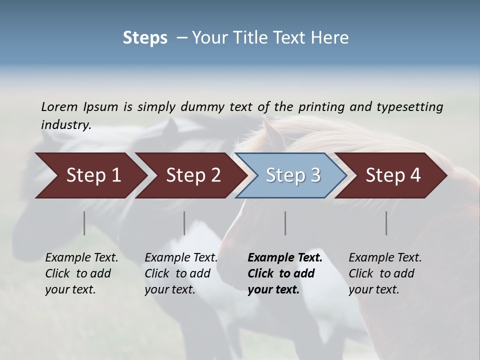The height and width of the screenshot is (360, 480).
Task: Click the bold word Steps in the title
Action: point(145,38)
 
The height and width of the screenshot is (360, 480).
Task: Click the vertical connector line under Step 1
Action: point(84,223)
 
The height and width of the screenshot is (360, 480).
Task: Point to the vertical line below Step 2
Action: point(184,223)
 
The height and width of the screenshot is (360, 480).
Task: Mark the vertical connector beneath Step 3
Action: point(285,223)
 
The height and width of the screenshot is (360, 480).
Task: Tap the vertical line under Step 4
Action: point(386,223)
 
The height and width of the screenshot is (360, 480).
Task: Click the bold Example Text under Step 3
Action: point(285,273)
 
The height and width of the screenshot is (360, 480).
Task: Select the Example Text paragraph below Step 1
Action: point(81,273)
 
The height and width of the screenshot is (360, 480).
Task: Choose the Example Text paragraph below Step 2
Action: point(181,273)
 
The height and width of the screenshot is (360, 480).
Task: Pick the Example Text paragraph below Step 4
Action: point(385,273)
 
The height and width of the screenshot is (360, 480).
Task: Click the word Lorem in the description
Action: point(59,106)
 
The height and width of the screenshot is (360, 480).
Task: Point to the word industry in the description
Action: point(66,125)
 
